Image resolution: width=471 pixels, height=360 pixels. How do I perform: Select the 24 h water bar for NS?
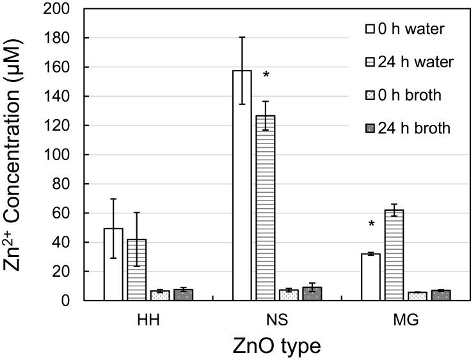click(x=266, y=208)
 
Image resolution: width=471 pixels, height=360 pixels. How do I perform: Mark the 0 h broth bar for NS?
click(x=289, y=295)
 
